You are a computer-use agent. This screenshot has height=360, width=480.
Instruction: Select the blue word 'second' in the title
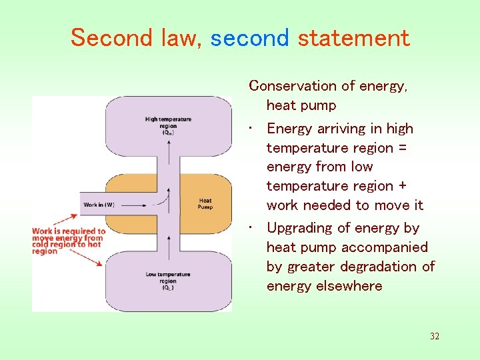pos(249,38)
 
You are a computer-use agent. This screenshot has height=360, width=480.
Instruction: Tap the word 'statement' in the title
pos(353,38)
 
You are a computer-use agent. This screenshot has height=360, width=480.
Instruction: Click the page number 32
pos(434,336)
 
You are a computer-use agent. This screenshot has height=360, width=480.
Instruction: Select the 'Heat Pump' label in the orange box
pos(205,203)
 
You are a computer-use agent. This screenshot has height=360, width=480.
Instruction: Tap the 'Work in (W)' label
pos(99,205)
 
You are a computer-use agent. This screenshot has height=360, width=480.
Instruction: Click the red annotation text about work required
pos(68,241)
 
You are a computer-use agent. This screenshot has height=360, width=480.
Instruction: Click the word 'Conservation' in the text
pos(293,86)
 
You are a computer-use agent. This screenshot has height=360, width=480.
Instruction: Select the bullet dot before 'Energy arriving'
pos(249,129)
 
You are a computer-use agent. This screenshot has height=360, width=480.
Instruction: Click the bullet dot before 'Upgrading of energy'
pos(249,228)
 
